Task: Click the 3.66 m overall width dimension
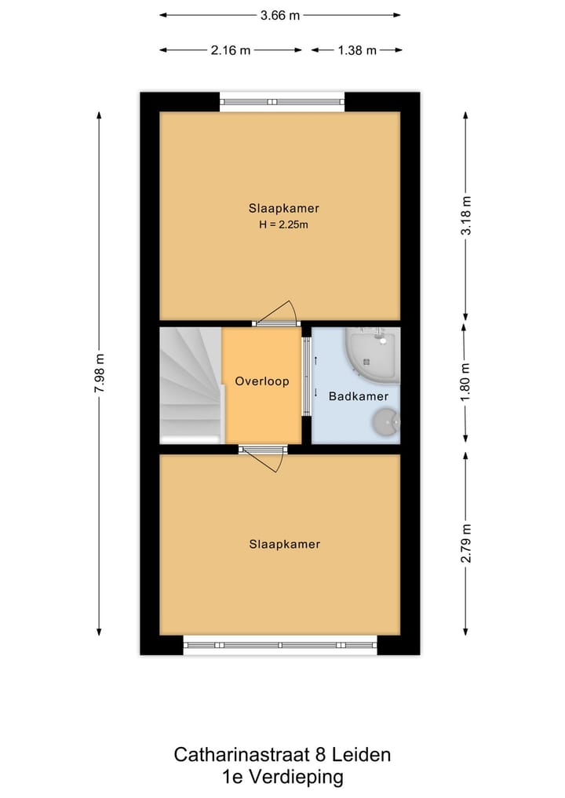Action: [280, 15]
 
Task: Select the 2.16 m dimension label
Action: [231, 50]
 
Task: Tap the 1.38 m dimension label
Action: [356, 50]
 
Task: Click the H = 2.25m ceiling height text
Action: [284, 224]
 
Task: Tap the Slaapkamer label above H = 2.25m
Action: [284, 209]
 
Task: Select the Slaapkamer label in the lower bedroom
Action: [285, 544]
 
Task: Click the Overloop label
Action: [262, 381]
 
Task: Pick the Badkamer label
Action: [358, 396]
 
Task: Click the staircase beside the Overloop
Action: [190, 384]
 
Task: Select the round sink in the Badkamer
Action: [385, 422]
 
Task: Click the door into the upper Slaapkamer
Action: [276, 316]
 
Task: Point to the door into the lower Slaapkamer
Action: [264, 457]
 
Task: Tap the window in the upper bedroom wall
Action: [282, 101]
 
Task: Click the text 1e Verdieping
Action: [282, 778]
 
